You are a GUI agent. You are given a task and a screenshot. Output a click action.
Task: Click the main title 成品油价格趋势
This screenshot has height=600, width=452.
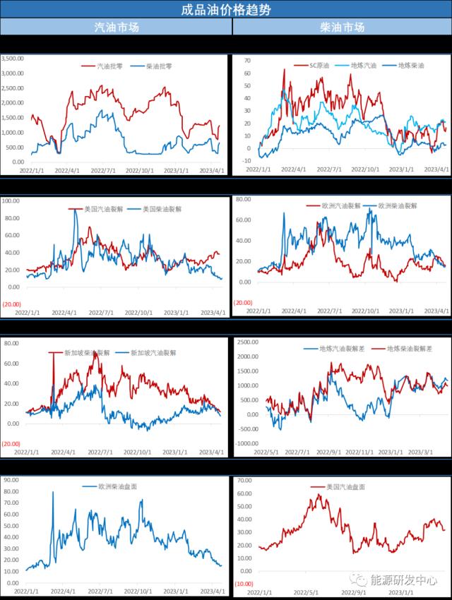(225, 10)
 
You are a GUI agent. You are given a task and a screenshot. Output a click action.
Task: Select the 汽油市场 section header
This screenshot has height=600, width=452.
(116, 28)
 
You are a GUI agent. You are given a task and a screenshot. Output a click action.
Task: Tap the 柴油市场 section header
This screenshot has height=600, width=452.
(342, 28)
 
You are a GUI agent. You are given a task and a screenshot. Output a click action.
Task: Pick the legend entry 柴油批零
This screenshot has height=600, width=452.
(158, 66)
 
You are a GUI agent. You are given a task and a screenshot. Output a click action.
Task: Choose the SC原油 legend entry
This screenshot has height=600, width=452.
(322, 66)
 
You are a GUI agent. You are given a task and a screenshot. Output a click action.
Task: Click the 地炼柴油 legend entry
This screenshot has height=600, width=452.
(410, 66)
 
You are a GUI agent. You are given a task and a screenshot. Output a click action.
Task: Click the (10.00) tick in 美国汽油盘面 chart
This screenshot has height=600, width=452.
(244, 584)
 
